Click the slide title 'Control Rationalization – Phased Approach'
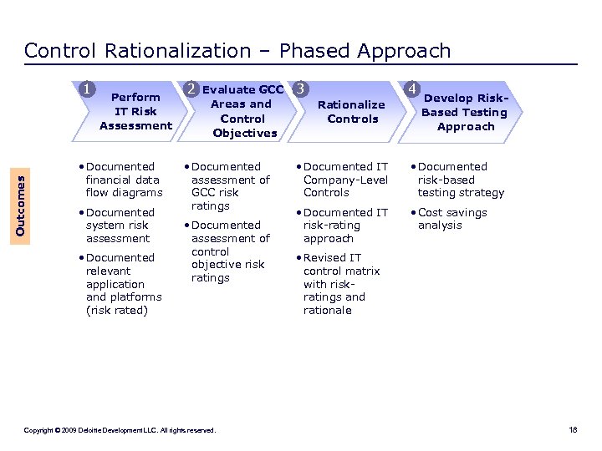click(237, 51)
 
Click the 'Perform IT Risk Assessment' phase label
click(135, 111)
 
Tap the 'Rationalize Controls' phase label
click(352, 111)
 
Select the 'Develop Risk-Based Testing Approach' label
click(465, 112)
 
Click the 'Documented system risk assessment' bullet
click(120, 225)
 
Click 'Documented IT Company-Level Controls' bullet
click(345, 180)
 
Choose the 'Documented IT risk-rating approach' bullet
click(345, 225)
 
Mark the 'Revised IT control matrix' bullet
click(341, 284)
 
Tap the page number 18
click(573, 430)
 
